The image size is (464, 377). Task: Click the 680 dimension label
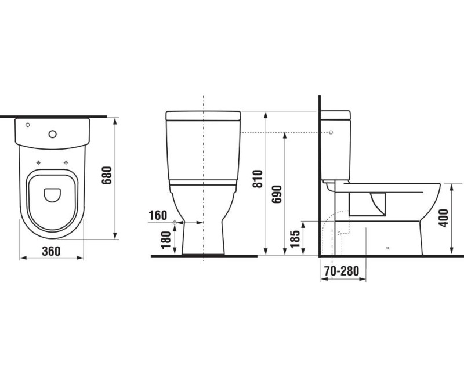pyautogui.click(x=107, y=176)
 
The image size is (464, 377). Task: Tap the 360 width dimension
pyautogui.click(x=51, y=251)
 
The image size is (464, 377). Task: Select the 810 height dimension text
pyautogui.click(x=258, y=179)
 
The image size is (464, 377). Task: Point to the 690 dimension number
pyautogui.click(x=277, y=194)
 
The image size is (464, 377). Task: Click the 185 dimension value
pyautogui.click(x=295, y=239)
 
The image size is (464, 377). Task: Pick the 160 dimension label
pyautogui.click(x=158, y=215)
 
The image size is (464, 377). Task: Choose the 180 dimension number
pyautogui.click(x=166, y=240)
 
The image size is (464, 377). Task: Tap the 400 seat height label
pyautogui.click(x=443, y=218)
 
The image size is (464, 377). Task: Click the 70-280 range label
pyautogui.click(x=342, y=271)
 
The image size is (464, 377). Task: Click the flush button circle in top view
pyautogui.click(x=53, y=135)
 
